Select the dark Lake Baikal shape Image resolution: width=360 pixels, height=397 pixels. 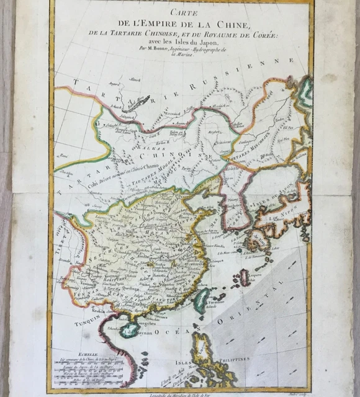click(x=138, y=102)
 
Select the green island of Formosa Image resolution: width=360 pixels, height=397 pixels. click(x=201, y=299)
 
